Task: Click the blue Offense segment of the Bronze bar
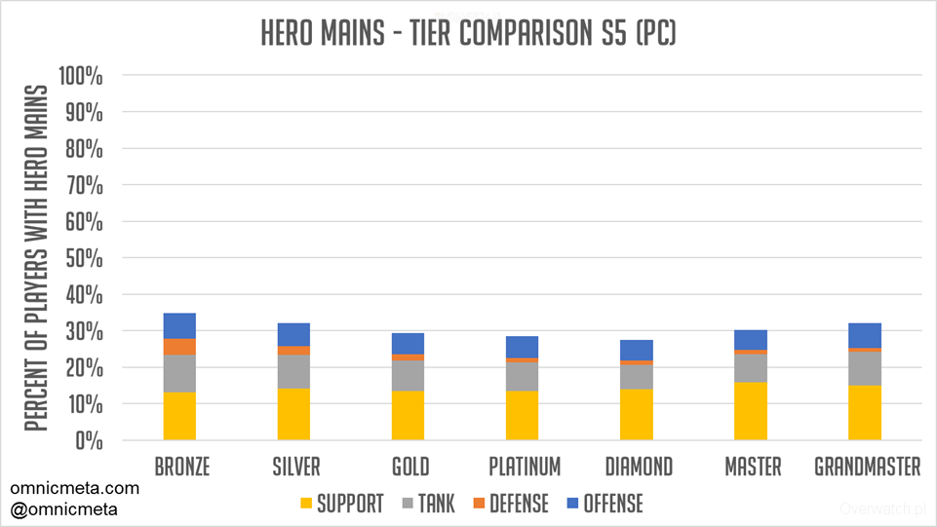[x=179, y=325]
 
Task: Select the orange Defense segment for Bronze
[x=179, y=347]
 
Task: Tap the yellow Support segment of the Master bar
[x=751, y=410]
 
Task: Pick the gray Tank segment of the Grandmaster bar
[x=864, y=367]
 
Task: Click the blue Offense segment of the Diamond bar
[x=637, y=350]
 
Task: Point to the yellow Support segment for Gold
[x=408, y=415]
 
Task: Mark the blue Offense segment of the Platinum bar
[x=522, y=347]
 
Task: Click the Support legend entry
[x=340, y=503]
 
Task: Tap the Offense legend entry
[x=604, y=503]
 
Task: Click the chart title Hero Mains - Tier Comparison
[x=468, y=33]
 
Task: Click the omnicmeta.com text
[x=75, y=488]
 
